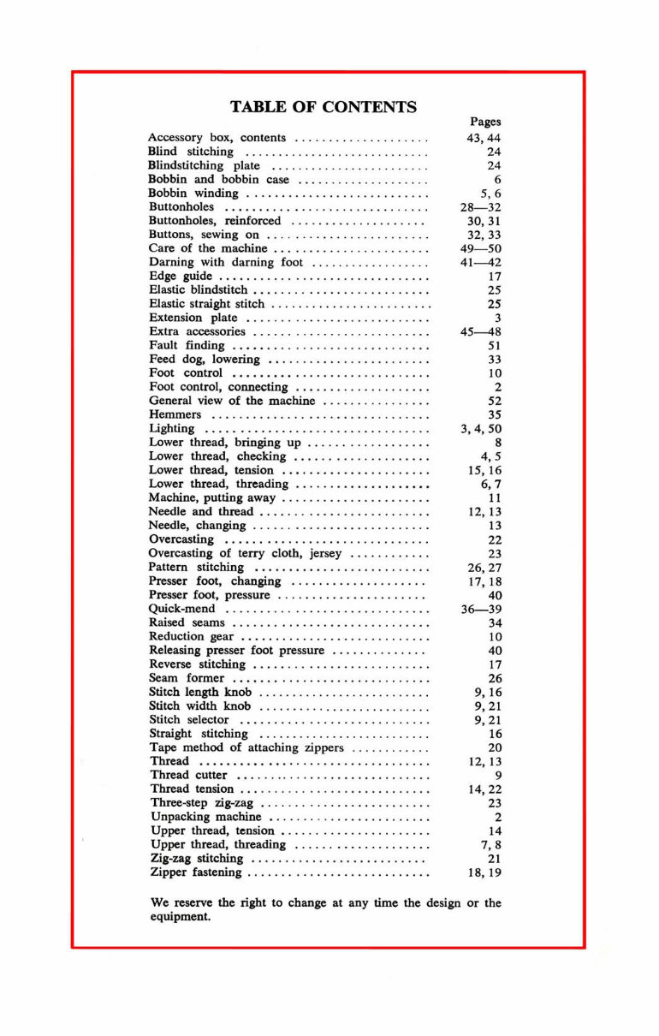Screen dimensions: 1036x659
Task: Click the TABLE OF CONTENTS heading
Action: coord(324,107)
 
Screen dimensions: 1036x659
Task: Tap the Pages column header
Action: coord(485,122)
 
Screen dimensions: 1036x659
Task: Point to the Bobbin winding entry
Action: coord(193,194)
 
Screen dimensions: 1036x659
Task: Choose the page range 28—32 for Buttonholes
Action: coord(480,207)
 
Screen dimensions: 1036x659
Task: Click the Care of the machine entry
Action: coord(208,248)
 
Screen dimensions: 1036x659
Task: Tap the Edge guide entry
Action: coord(181,277)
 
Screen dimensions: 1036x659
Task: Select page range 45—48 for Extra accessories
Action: coord(480,331)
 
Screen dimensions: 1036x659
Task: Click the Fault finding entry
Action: coord(187,345)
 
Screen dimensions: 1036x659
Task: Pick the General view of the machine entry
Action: coord(232,401)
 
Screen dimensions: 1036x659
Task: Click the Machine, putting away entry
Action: coord(212,497)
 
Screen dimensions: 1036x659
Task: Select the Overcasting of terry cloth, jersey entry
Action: coord(245,553)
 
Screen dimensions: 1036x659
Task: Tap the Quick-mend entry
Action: coord(182,609)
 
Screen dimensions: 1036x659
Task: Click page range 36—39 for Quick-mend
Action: coord(480,609)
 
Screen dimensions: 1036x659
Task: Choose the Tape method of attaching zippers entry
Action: coord(246,747)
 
